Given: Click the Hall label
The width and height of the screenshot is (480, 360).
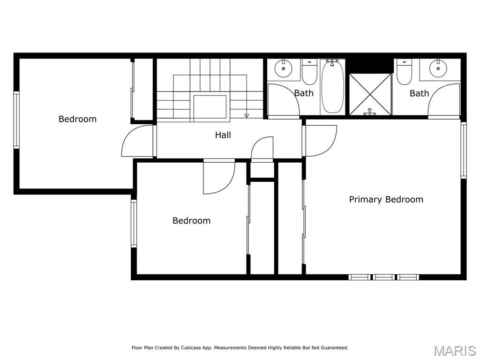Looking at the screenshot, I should [x=223, y=135].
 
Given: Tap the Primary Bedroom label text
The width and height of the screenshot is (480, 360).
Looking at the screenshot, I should [x=386, y=199].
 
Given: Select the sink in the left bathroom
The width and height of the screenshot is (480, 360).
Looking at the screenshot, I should [x=283, y=69].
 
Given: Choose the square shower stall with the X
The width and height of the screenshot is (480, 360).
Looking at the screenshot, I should [x=370, y=94].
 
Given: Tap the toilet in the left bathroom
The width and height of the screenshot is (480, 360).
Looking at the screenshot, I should [x=309, y=72].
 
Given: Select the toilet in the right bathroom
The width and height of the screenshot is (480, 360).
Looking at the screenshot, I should [x=404, y=73].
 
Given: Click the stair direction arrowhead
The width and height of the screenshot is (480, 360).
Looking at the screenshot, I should [x=247, y=116].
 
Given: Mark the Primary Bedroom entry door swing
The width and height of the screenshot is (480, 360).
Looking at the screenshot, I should [x=320, y=141].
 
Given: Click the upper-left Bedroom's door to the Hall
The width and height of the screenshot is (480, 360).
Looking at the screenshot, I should [x=138, y=142].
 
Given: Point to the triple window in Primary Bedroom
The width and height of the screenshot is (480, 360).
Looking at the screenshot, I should [x=384, y=277].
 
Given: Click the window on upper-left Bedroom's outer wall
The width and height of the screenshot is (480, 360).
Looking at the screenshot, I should [x=16, y=120].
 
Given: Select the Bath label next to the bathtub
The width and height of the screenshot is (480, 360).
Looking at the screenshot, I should [x=303, y=93].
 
